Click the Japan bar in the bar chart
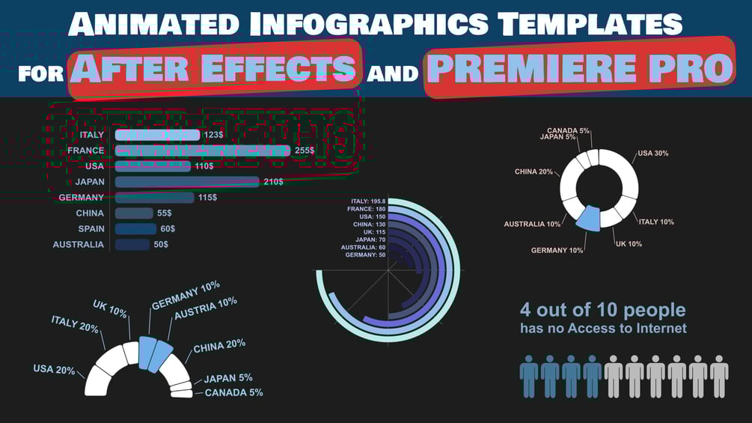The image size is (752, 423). point(187,182)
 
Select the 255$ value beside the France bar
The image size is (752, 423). point(305,150)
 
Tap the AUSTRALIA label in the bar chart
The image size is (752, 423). point(79,245)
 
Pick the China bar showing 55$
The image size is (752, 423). point(134,213)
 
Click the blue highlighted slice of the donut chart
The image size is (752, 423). point(589,216)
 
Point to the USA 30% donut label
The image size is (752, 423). point(653,153)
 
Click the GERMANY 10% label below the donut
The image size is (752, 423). point(557,250)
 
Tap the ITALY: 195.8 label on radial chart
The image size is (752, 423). point(368,201)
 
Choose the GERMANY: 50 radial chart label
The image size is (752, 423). point(366,255)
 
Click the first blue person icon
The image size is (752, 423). point(529,376)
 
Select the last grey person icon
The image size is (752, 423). point(719,376)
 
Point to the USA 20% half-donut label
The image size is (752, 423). point(54,370)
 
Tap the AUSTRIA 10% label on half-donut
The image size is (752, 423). point(206,307)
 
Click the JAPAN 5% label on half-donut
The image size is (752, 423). point(228,378)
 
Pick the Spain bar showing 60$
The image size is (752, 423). point(135,229)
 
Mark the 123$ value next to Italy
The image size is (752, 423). point(213,135)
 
